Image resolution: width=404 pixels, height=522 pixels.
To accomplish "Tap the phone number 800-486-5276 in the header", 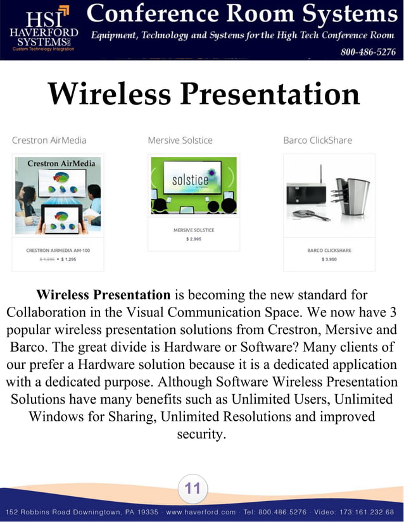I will coord(368,52).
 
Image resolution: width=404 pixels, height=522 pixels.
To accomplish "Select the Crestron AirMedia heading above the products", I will coord(49,140).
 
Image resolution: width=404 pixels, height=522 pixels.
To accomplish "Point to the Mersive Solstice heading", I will coord(180,140).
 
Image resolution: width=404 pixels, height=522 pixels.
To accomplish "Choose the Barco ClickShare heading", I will coord(317,140).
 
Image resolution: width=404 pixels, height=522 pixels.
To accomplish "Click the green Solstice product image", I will coord(193,185).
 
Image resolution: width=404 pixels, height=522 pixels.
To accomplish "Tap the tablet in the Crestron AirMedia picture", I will coord(61,218).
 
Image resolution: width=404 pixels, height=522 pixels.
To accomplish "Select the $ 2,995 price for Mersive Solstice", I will coord(193,239).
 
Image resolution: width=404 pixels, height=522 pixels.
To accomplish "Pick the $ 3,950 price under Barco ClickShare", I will coord(329,259).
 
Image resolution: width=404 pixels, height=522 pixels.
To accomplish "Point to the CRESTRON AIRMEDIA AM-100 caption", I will coord(58,251).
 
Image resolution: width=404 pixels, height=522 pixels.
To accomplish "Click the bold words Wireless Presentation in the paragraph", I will coord(103,295).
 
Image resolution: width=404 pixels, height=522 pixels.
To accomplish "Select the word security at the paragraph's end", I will coord(201,435).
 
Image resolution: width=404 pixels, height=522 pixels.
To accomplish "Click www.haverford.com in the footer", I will coord(201,511).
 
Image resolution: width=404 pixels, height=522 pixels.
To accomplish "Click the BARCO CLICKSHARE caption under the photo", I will coord(329,251).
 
